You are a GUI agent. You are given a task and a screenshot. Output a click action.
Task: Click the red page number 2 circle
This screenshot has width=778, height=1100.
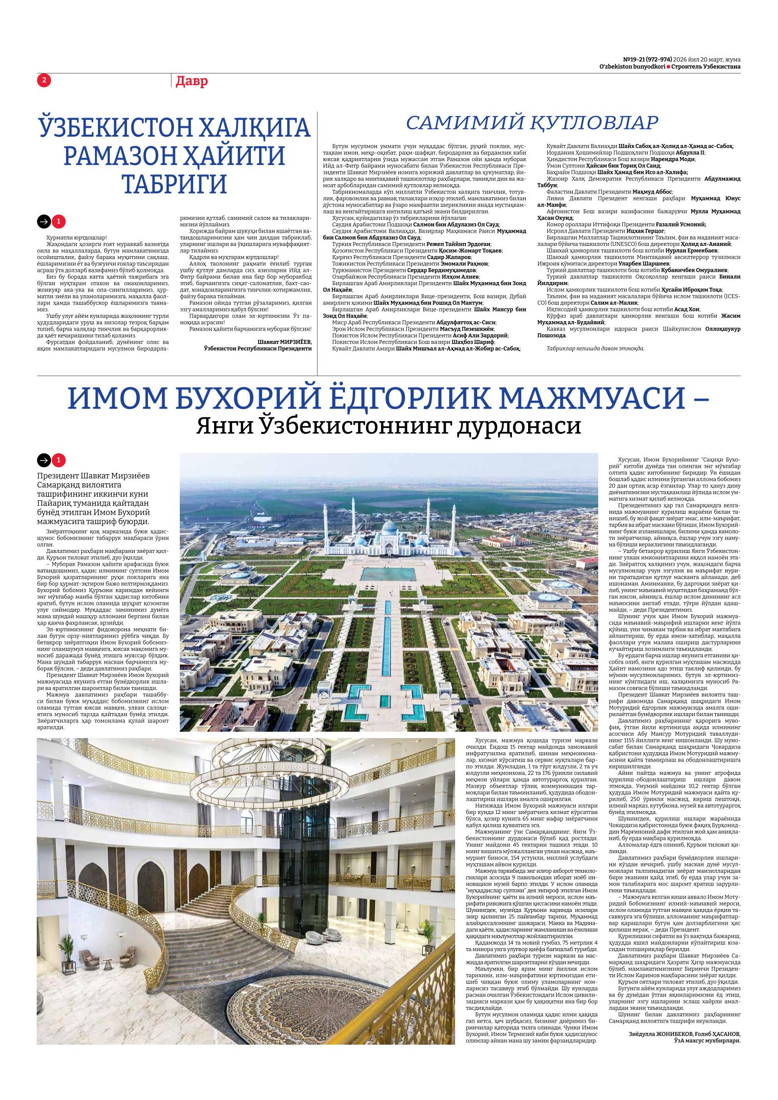click(x=44, y=80)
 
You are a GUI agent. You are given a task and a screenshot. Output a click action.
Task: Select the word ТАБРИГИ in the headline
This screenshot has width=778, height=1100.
click(x=174, y=184)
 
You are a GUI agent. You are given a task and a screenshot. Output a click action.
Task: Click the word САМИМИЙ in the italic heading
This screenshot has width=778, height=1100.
click(x=464, y=123)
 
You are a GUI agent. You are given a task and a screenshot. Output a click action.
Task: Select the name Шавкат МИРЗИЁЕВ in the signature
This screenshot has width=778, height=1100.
click(x=284, y=341)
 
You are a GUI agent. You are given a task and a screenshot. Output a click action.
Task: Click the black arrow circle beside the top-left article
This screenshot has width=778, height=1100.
click(x=44, y=222)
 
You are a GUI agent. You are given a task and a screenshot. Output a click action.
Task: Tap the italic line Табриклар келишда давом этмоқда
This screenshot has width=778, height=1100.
click(x=595, y=348)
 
